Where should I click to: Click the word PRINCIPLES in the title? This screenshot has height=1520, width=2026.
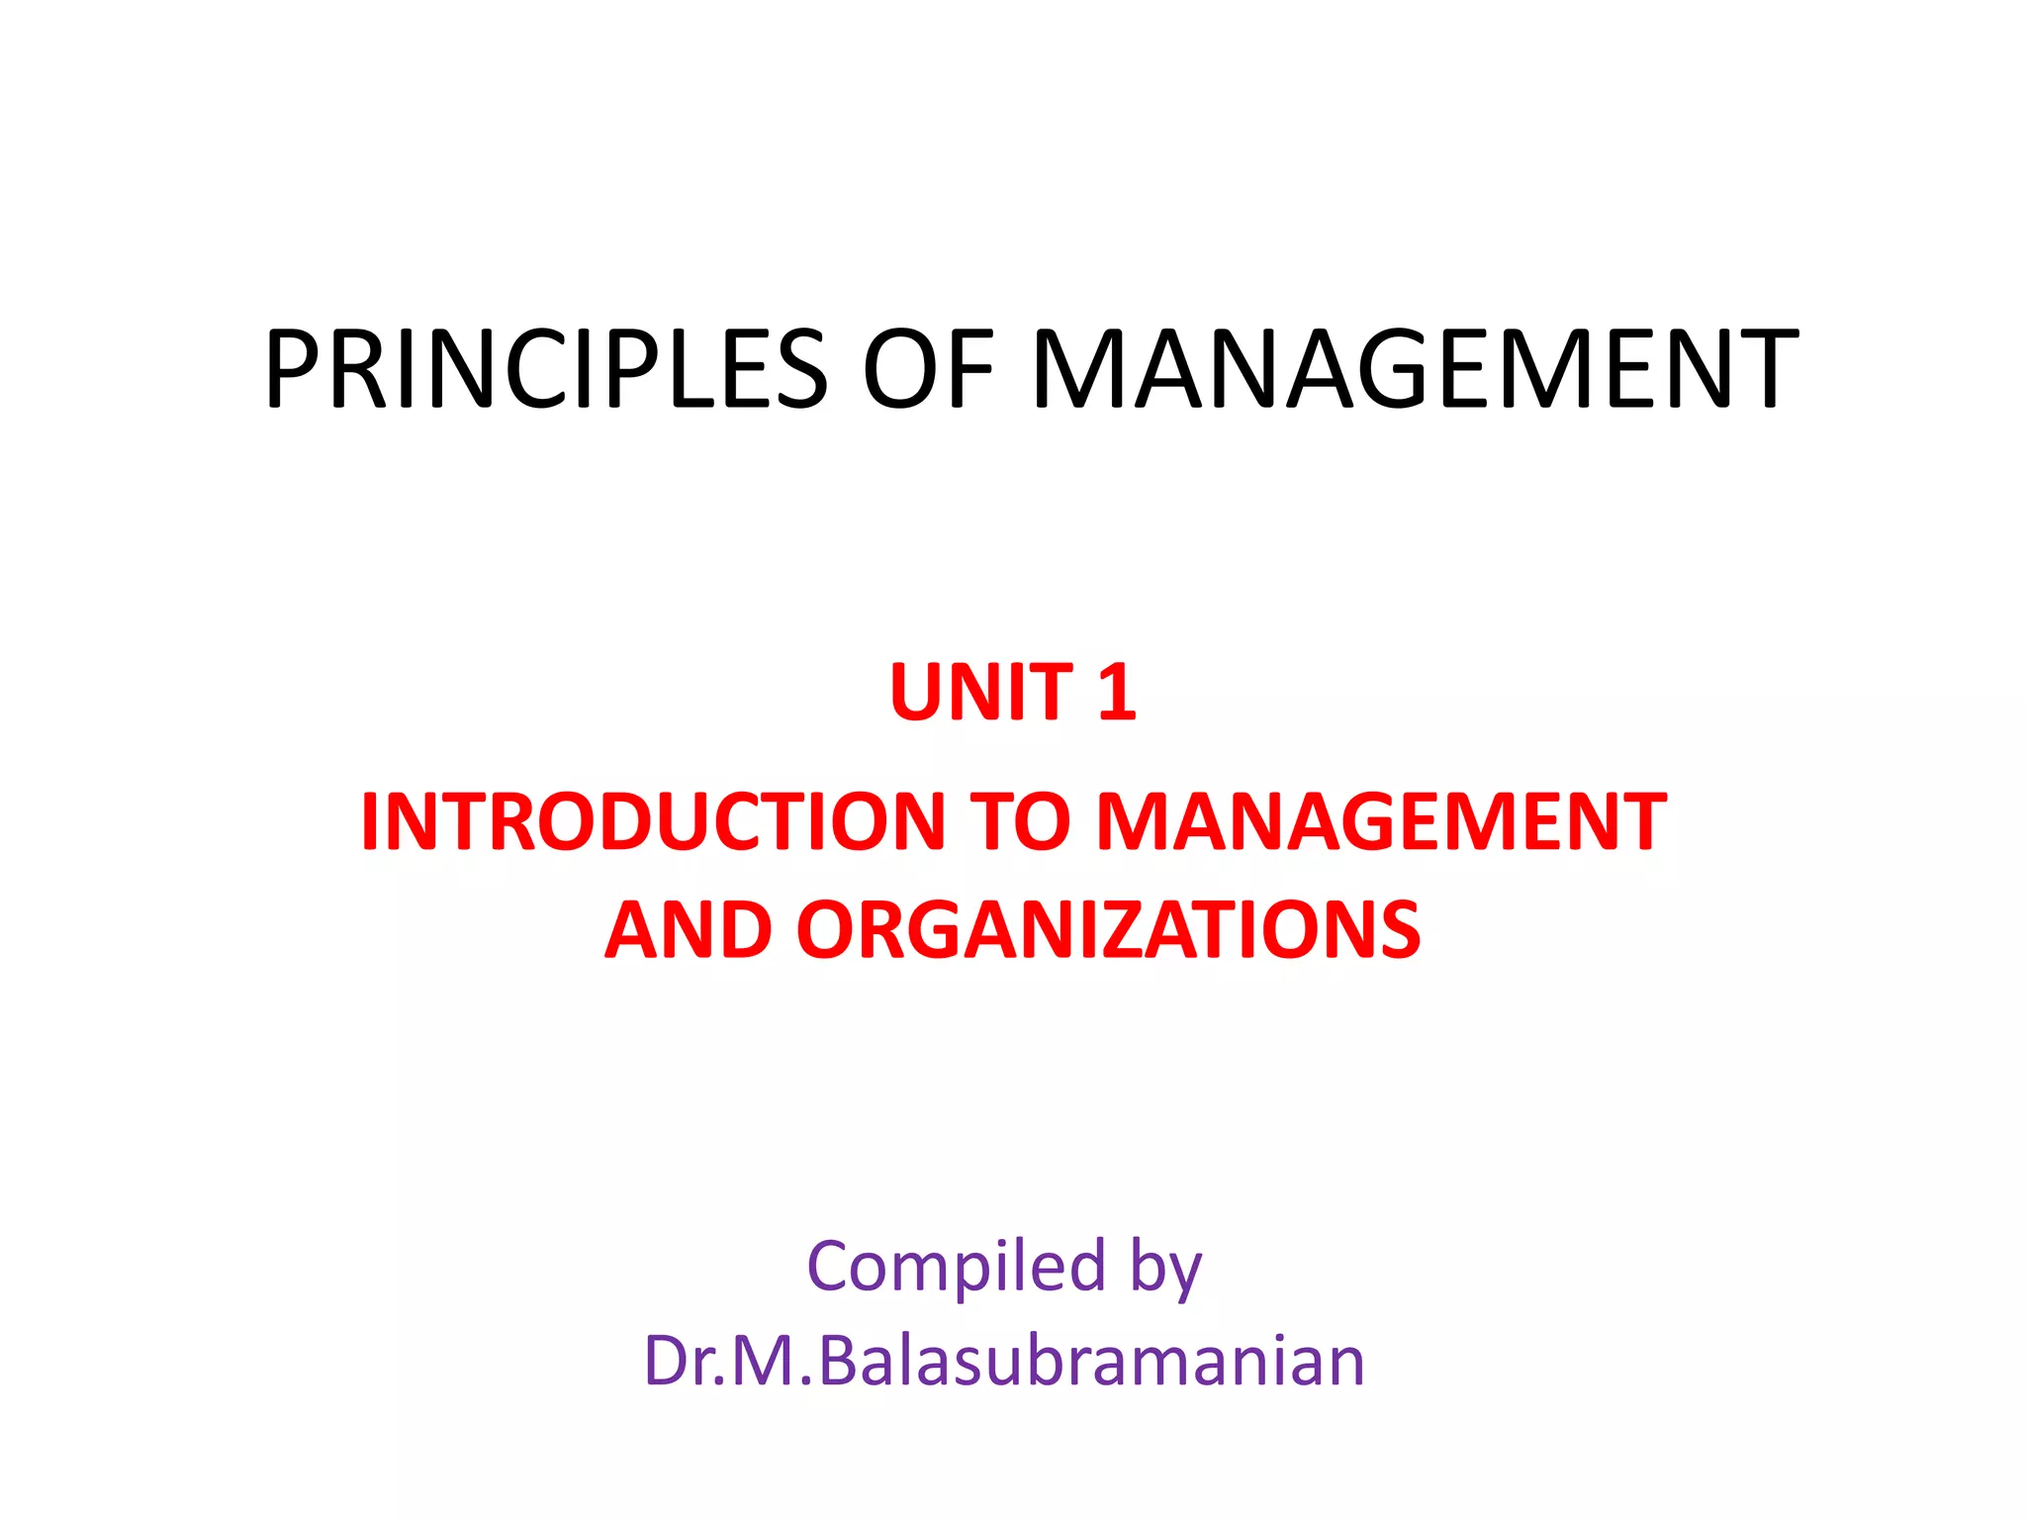click(545, 369)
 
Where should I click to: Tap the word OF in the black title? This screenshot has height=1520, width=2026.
click(929, 369)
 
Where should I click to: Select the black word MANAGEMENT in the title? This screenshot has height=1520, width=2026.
click(1415, 369)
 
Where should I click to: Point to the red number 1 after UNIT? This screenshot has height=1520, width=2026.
click(1117, 692)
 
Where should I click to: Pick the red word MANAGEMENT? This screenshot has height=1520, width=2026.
click(1381, 821)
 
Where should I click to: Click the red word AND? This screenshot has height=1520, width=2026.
click(689, 930)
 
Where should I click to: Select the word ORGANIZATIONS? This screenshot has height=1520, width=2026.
click(1108, 930)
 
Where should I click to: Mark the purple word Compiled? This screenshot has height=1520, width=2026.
click(956, 1266)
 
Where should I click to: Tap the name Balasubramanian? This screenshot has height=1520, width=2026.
click(1091, 1361)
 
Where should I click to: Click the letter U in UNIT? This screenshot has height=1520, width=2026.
click(917, 692)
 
